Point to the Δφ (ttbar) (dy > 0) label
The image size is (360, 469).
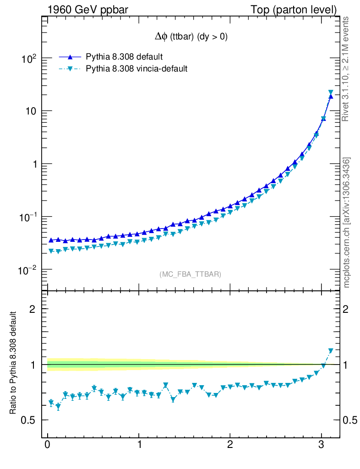click(191, 37)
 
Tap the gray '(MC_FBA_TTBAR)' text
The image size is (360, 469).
click(191, 274)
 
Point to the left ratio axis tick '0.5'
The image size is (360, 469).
click(28, 420)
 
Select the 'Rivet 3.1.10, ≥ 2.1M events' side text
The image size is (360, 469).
click(346, 69)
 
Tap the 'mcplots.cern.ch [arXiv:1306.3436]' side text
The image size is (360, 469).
click(346, 222)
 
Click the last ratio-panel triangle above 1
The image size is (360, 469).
click(331, 351)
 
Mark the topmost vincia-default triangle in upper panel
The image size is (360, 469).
click(331, 93)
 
